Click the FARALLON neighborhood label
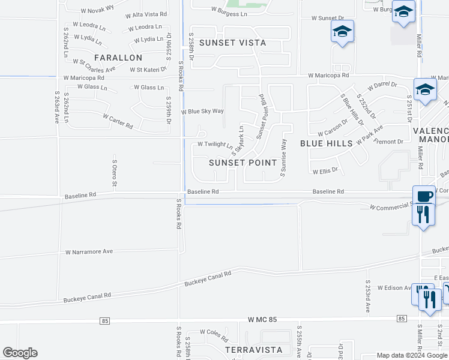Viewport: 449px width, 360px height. (x=118, y=58)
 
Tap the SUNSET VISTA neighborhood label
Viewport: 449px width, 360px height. (x=232, y=43)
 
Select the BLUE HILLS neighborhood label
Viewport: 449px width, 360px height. (x=326, y=143)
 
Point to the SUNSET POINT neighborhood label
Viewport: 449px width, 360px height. (x=243, y=163)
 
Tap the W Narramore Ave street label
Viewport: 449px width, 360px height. (x=89, y=252)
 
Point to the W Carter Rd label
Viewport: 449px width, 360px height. (x=118, y=121)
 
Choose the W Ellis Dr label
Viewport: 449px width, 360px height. (x=325, y=170)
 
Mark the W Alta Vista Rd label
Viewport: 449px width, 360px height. (x=146, y=14)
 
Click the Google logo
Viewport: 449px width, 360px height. (x=20, y=353)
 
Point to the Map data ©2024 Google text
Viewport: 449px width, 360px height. (x=412, y=356)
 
